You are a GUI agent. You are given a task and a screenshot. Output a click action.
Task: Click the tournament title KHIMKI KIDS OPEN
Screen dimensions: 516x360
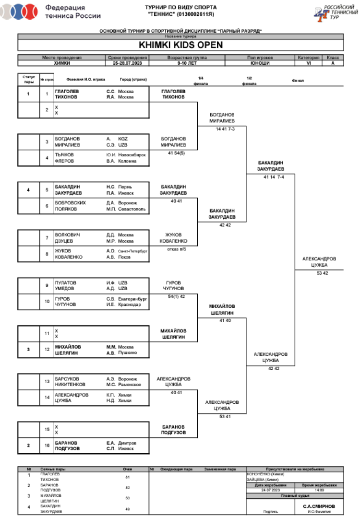point(180,46)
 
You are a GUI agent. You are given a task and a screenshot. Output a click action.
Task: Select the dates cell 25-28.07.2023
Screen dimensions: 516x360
point(127,63)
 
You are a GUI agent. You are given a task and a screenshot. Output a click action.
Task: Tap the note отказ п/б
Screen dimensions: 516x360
point(176,249)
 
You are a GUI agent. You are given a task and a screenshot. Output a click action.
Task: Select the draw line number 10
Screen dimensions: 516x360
point(47,301)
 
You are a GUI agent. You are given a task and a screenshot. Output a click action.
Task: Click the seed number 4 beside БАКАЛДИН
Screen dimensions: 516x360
point(28,190)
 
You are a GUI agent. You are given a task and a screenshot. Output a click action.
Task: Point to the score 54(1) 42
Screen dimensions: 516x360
point(176,296)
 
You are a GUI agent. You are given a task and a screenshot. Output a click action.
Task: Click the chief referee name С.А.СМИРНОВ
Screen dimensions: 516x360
point(319,506)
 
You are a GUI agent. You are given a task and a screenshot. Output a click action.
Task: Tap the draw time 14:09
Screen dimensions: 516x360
point(319,490)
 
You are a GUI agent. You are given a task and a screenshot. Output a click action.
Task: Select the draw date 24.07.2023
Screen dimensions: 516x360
point(271,490)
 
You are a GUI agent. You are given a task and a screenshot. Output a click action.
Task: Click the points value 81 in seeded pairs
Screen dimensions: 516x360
point(127,477)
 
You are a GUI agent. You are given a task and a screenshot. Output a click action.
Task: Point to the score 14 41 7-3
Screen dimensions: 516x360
point(225,129)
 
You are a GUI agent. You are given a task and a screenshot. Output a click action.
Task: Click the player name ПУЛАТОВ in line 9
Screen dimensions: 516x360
point(65,283)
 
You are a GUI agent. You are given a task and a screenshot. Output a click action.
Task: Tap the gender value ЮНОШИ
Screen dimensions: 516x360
point(260,63)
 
